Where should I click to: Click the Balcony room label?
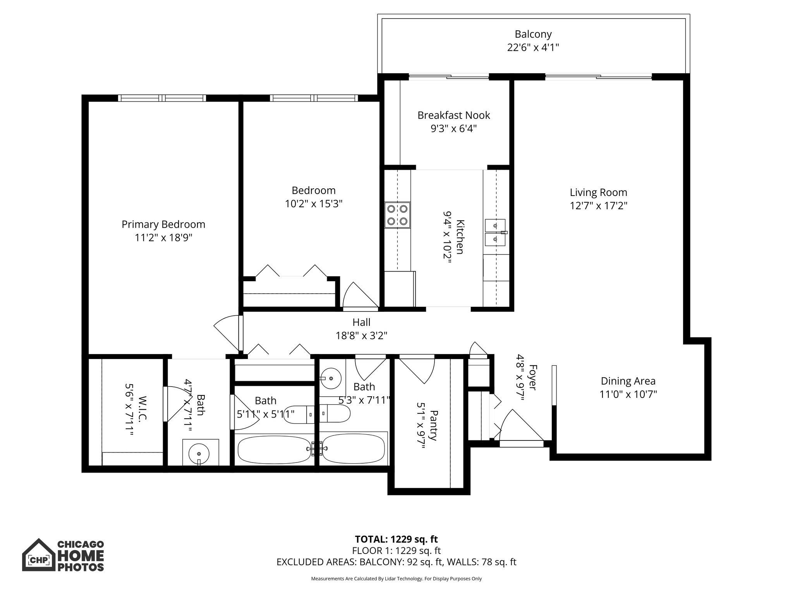[x=533, y=34]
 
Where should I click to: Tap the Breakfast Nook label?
[x=453, y=115]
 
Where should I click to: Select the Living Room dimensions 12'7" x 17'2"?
[x=598, y=206]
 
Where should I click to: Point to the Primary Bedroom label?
[x=163, y=225]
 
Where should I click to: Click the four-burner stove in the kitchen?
[x=397, y=215]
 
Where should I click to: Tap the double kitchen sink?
[x=495, y=232]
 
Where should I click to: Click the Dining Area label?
[x=628, y=381]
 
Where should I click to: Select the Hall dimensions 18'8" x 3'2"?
[x=361, y=335]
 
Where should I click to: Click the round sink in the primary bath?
[x=199, y=452]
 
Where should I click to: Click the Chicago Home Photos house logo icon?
[x=38, y=555]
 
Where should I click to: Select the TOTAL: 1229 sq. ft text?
[x=396, y=539]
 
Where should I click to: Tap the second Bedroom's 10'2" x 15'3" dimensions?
[x=314, y=204]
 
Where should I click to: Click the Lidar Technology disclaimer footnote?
[x=396, y=579]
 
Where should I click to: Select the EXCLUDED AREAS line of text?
[x=396, y=562]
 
